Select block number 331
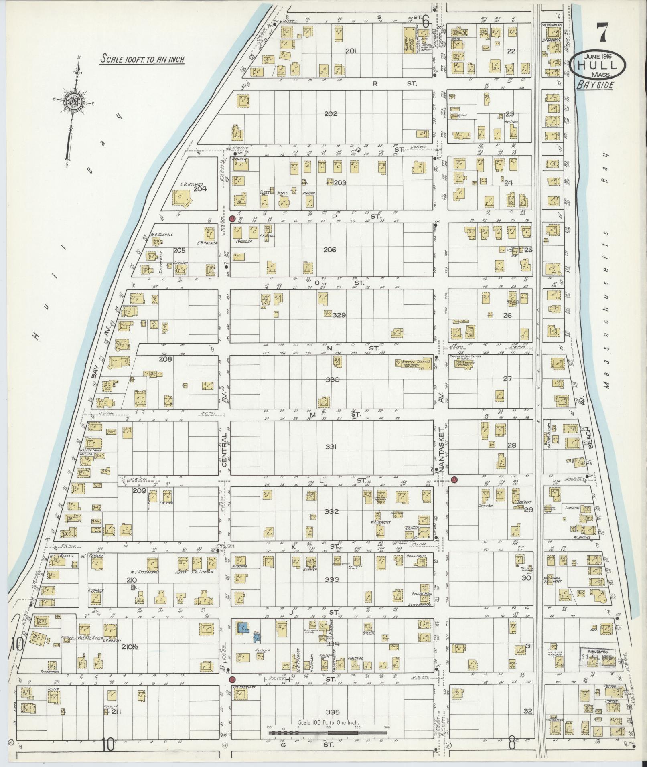point(333,447)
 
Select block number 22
point(511,51)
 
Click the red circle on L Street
point(454,480)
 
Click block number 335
point(333,712)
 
